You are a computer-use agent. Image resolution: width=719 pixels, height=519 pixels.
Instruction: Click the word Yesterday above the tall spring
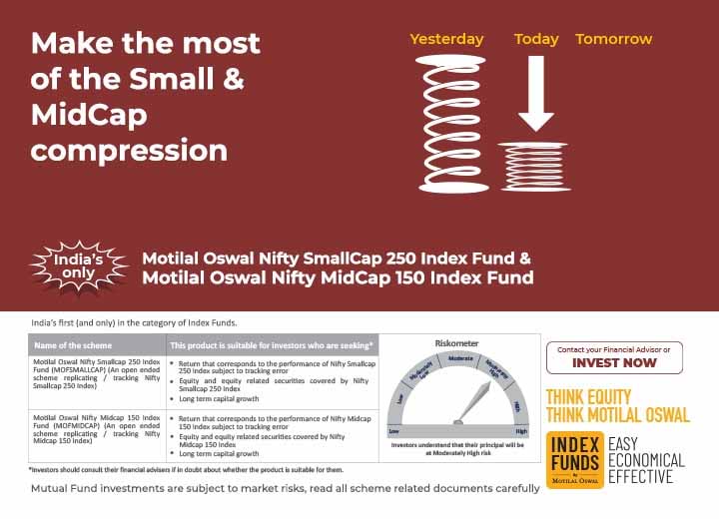446,39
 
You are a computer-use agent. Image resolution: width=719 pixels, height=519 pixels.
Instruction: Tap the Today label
536,39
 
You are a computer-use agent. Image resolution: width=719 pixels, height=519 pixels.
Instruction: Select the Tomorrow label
613,39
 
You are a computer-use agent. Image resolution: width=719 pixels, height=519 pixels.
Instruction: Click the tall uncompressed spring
453,124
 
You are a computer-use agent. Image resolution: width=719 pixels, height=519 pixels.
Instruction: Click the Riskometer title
456,342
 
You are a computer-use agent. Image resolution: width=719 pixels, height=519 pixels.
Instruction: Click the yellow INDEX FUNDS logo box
574,460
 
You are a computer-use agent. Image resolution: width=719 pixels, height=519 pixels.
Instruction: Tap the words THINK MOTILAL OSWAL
617,414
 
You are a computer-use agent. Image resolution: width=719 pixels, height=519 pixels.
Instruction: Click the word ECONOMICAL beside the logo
646,460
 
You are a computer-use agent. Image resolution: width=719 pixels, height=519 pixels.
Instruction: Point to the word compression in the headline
129,150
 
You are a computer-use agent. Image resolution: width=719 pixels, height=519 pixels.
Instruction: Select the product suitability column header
272,345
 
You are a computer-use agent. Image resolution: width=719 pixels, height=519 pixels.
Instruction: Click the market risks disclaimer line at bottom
285,488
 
